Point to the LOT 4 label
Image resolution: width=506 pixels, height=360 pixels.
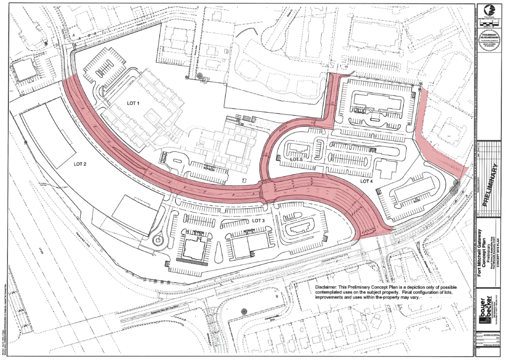pyautogui.click(x=366, y=181)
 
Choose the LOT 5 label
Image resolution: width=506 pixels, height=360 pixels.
pyautogui.click(x=296, y=159)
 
